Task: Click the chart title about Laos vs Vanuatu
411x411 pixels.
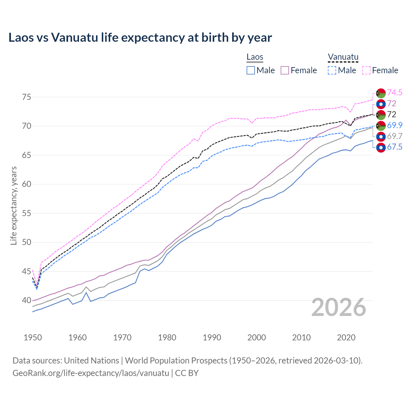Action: (140, 38)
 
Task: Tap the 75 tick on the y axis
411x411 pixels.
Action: (27, 97)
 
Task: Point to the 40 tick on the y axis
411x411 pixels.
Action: (27, 301)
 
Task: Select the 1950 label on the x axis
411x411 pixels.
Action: (33, 337)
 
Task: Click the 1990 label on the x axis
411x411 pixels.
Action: (212, 337)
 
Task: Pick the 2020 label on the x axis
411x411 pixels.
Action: (346, 337)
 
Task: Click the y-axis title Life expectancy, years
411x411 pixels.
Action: (13, 205)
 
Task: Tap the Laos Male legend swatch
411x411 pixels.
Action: (251, 70)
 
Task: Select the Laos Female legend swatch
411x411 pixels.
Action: (285, 70)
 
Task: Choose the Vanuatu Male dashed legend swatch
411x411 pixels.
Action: (332, 70)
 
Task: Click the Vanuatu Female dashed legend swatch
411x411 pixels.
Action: (366, 70)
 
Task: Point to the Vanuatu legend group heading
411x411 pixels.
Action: (343, 57)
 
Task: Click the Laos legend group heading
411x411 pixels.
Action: (255, 57)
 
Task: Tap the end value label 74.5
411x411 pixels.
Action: (395, 93)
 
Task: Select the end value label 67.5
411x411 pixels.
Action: (395, 147)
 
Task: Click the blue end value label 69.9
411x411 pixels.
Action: (395, 125)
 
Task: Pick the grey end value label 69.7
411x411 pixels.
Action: (395, 136)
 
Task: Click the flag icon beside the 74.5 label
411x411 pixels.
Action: (381, 93)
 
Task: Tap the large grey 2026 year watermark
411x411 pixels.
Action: (339, 307)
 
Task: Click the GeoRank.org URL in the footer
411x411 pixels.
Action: (91, 373)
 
